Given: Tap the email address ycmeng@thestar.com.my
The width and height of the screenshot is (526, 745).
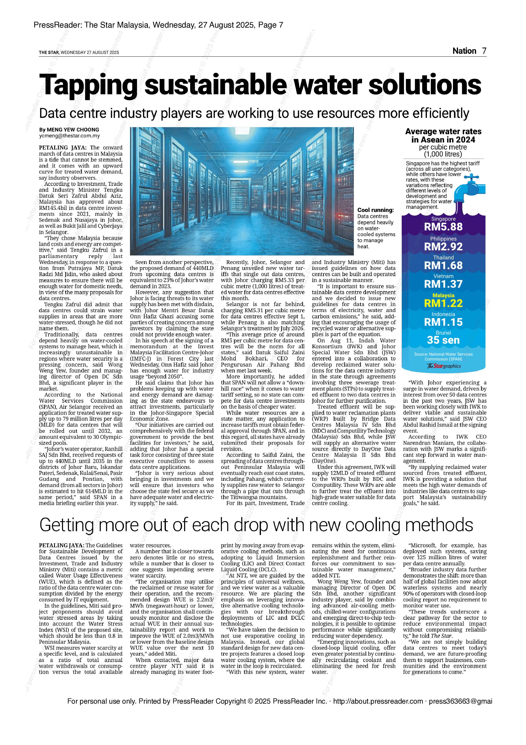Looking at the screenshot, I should (69, 136).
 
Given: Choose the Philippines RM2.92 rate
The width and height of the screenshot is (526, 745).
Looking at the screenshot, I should (443, 247).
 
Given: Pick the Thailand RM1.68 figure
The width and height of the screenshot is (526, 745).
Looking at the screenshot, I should (443, 265).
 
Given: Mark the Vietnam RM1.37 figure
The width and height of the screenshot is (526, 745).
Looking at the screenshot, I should (443, 284).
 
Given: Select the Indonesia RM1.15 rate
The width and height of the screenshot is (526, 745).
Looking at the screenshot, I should (443, 322).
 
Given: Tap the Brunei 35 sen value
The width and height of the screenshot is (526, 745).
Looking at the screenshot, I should (443, 340).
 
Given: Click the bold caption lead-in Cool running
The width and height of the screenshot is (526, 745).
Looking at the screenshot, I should (375, 210).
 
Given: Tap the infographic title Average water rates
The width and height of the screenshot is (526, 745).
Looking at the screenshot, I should (443, 132).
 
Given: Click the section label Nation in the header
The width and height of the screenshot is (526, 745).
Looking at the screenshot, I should (464, 51).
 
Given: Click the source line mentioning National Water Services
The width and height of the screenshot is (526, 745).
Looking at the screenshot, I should (443, 357).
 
